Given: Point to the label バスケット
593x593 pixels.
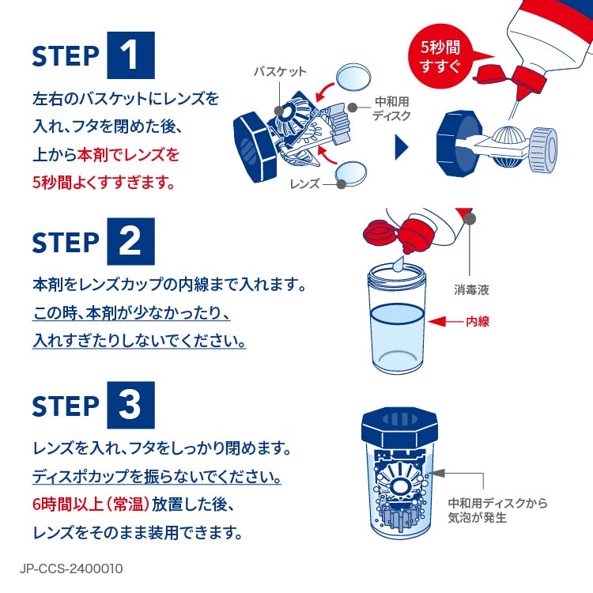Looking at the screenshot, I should click(x=279, y=72).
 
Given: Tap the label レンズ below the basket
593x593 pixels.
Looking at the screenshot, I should click(x=304, y=183).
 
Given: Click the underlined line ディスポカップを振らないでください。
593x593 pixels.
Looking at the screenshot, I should click(x=157, y=478).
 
